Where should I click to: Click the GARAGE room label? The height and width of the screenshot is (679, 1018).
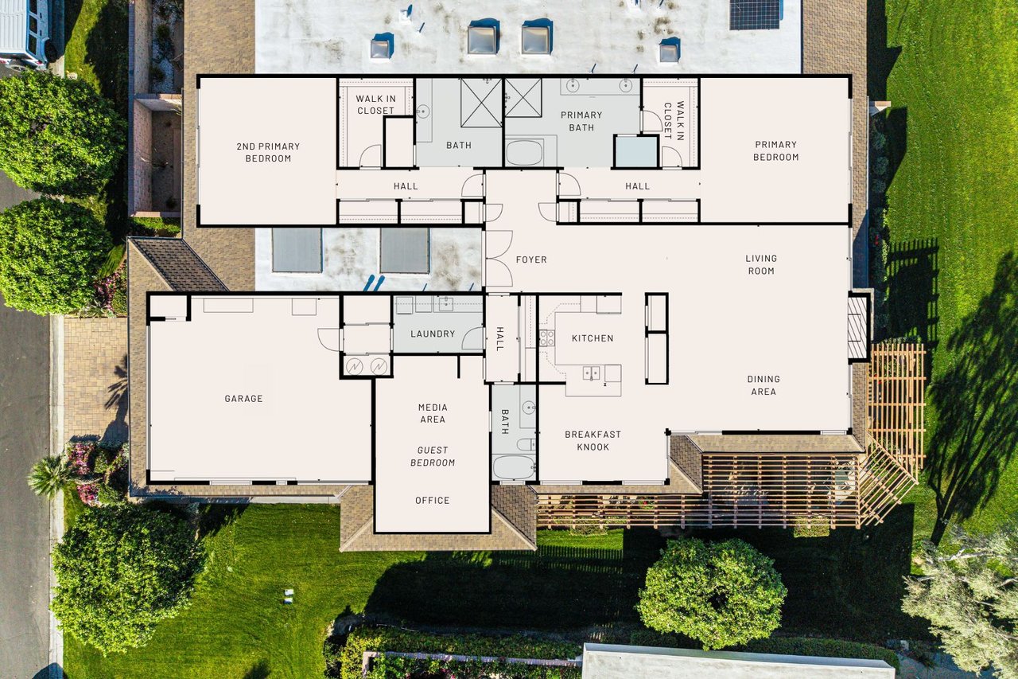coord(243,399)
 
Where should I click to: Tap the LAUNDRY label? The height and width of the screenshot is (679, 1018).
coord(433,334)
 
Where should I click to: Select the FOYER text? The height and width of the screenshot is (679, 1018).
coord(531,260)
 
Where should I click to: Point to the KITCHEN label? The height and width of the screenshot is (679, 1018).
coord(593,338)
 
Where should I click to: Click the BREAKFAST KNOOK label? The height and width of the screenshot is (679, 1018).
coord(593,441)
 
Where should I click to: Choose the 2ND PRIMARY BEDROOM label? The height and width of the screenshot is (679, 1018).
coord(268,152)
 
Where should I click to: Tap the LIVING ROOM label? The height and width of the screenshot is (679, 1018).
coord(761,264)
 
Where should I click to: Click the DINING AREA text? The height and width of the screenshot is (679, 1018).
coord(763,385)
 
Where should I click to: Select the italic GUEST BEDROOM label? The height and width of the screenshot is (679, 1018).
coord(433,456)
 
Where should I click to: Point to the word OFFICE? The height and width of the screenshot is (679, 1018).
coord(433,501)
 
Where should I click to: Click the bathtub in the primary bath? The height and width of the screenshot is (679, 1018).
coord(524,153)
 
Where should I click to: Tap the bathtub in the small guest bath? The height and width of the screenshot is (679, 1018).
coord(514,466)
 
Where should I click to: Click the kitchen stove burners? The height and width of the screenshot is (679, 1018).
coord(546,337)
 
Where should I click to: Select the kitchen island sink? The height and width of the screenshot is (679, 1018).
coord(591,372)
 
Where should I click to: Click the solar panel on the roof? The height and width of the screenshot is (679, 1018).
coord(754,14)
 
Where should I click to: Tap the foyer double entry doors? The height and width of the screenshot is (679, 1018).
coord(498,259)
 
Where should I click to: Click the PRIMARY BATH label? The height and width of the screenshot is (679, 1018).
coord(581,121)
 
